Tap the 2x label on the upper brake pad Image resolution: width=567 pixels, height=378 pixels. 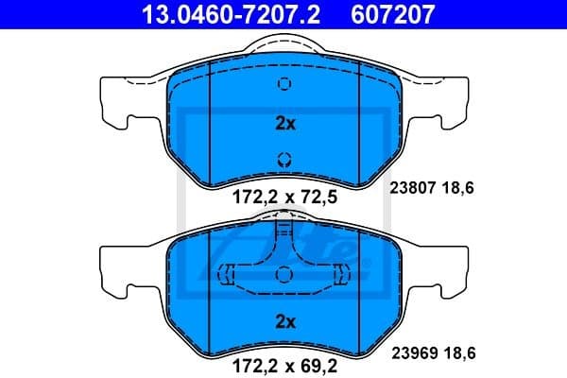[x=284, y=123]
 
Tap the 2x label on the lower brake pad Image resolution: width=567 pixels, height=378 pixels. [x=284, y=321]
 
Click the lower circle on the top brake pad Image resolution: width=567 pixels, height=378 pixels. [x=284, y=159]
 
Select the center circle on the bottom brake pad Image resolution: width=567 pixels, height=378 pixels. [x=284, y=274]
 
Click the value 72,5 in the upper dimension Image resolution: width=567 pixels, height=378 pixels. [x=318, y=199]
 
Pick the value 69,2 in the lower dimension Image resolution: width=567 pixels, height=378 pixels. [x=318, y=360]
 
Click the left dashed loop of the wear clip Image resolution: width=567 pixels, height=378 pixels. [x=226, y=275]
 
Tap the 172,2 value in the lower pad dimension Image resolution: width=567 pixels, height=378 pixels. [x=253, y=360]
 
